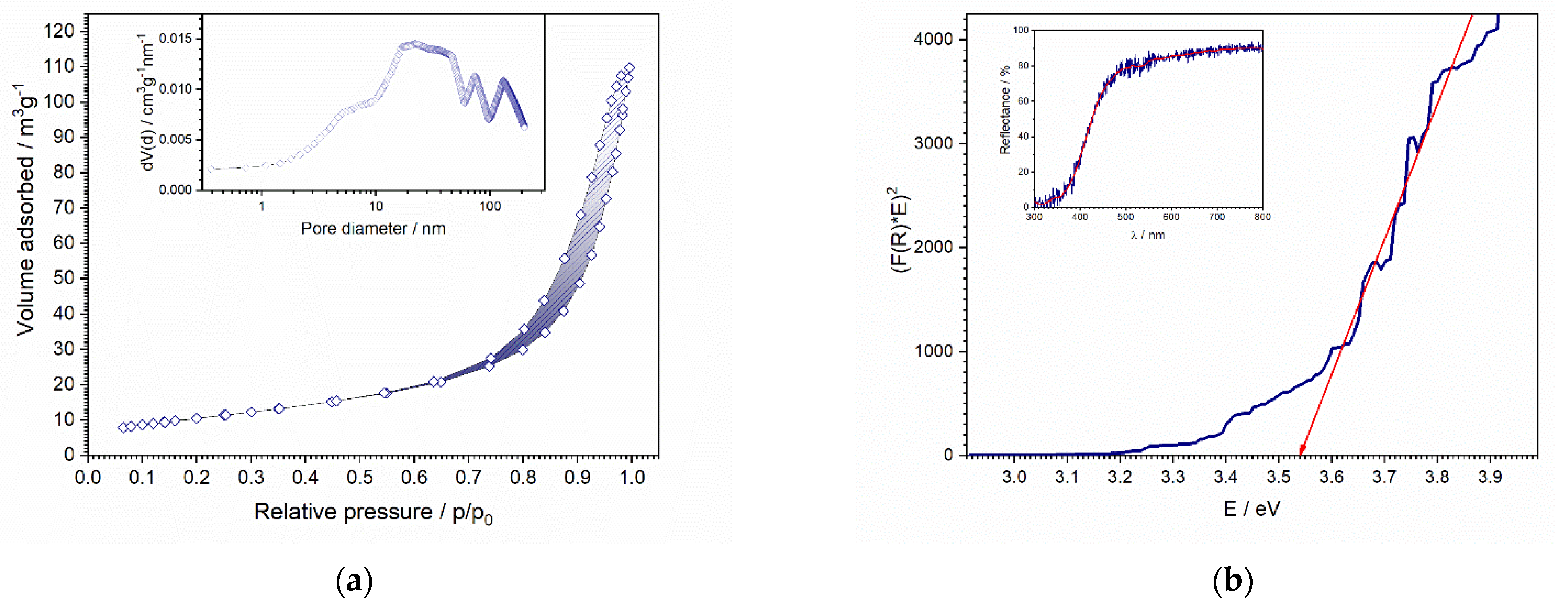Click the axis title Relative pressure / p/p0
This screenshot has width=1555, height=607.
coord(373,513)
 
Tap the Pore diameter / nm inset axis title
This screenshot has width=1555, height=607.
coord(373,229)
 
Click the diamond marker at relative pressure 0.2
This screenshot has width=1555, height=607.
coord(196,418)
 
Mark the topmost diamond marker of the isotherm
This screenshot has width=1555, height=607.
coord(630,68)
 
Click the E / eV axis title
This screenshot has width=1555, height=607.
coord(1251,509)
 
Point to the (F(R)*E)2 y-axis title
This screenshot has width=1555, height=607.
coord(901,229)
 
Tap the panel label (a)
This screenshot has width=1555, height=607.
coord(354,581)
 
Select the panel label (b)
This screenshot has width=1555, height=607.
coord(1233,581)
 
